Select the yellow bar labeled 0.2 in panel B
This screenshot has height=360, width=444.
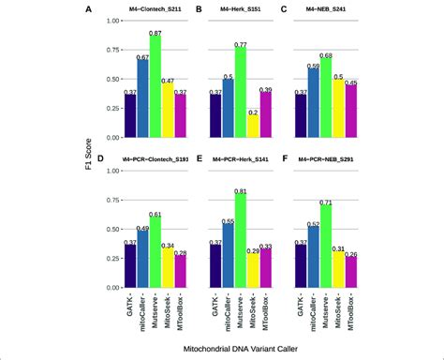coord(254,127)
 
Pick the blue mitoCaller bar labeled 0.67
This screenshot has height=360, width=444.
coord(142,98)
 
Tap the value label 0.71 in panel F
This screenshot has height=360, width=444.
coord(326,202)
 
